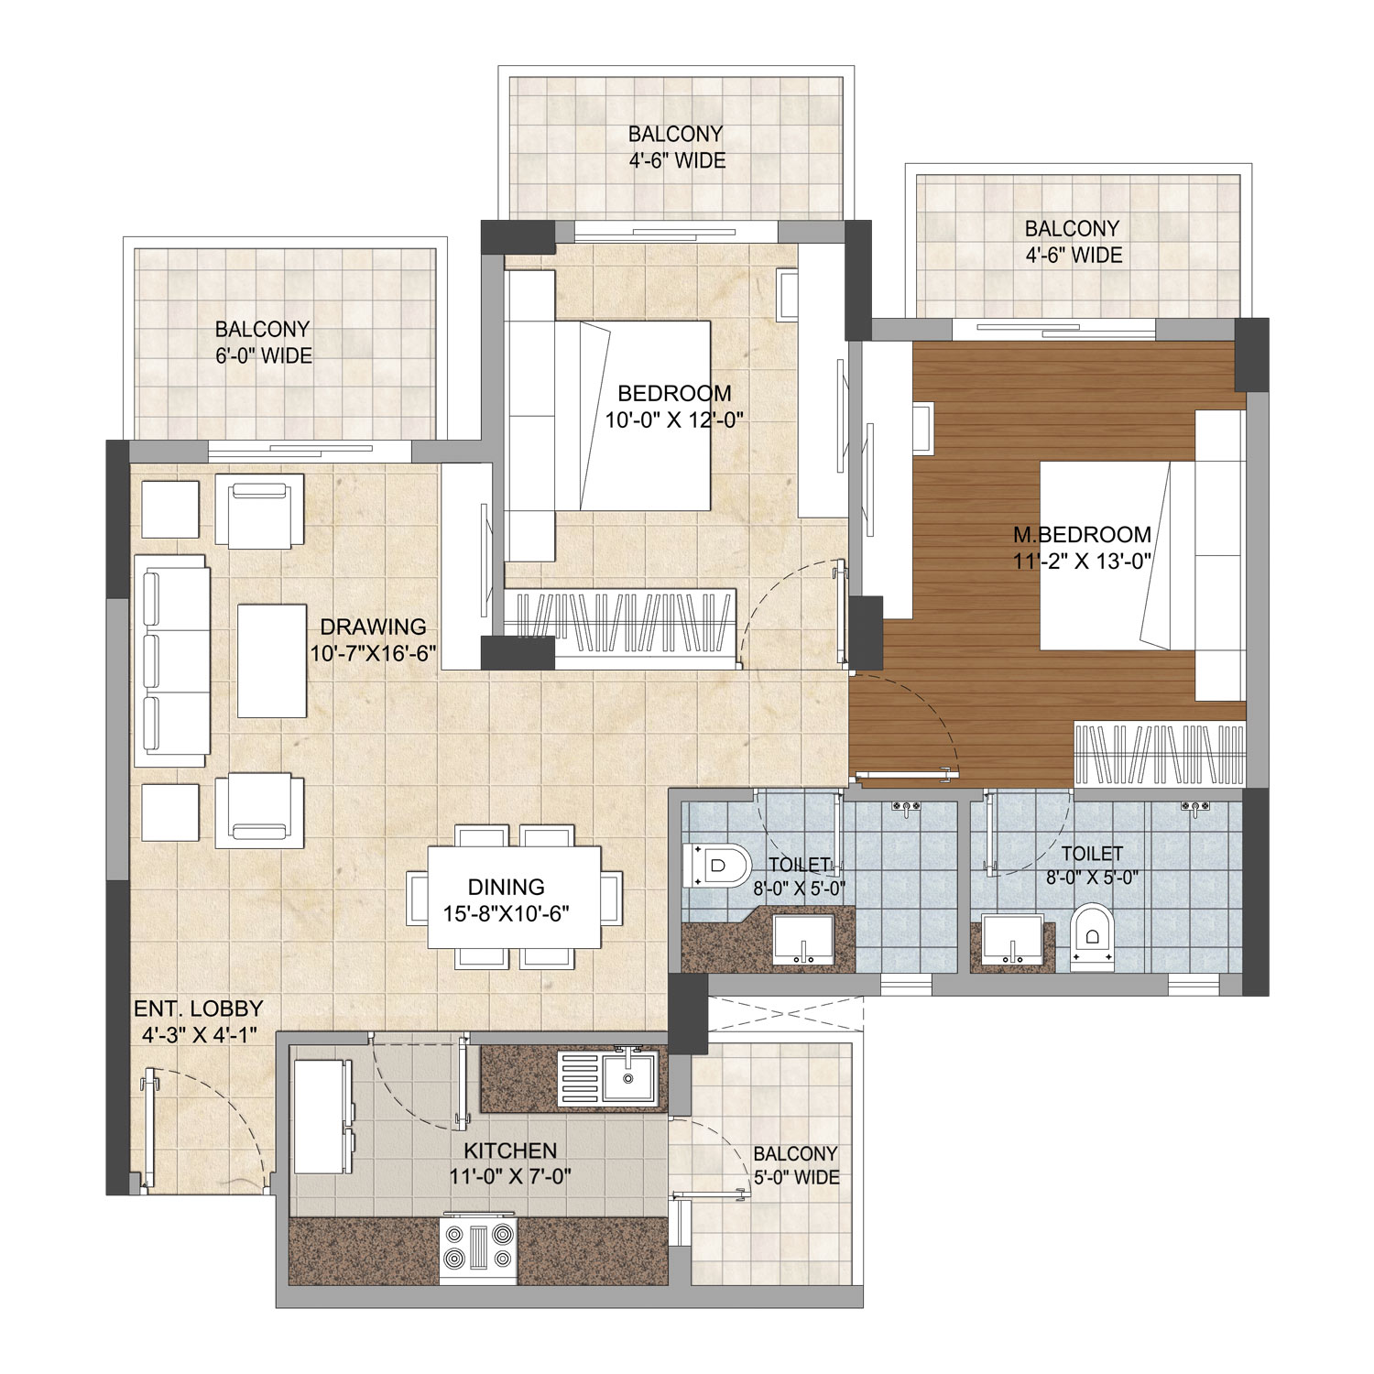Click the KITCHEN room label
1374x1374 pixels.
[x=510, y=1150]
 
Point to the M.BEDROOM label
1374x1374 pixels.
[x=1082, y=534]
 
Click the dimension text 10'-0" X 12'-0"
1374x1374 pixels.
[x=673, y=420]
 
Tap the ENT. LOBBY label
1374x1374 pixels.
[x=198, y=1009]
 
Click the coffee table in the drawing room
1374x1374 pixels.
[x=272, y=660]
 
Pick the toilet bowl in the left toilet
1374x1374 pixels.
[x=718, y=866]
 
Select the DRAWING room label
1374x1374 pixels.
[x=373, y=627]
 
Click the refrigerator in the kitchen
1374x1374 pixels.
[x=322, y=1117]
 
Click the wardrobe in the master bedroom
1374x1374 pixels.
[x=1159, y=755]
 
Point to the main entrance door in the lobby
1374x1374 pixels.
[x=149, y=1130]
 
